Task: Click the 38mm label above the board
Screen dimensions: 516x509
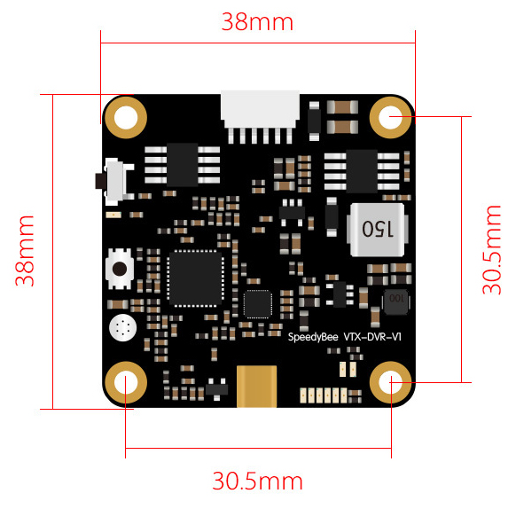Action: pos(257,22)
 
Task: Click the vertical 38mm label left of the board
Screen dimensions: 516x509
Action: pos(25,251)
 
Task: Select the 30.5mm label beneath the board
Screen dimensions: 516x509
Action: pos(257,481)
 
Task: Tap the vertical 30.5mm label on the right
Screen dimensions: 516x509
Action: pos(492,249)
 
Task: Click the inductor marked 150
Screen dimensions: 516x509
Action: pos(378,230)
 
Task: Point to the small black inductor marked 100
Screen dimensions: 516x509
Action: pos(396,301)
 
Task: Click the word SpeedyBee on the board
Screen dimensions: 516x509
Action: pos(313,337)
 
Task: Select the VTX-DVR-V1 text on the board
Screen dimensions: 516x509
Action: pos(372,336)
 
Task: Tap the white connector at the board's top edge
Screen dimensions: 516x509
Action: pos(260,117)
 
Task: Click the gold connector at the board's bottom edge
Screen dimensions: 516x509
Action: pos(257,387)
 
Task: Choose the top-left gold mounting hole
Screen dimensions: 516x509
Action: pos(126,117)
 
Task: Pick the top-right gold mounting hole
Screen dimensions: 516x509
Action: pos(390,117)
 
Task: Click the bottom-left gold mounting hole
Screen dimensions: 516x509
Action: pos(126,382)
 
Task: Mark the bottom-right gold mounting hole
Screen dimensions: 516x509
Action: pos(390,382)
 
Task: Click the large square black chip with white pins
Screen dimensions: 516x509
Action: pos(196,278)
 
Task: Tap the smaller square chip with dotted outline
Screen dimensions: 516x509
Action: pos(258,304)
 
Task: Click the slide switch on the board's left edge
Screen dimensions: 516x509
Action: pos(114,182)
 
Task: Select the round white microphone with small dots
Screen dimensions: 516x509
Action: pos(122,328)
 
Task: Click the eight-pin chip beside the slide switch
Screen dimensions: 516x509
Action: pos(183,165)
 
